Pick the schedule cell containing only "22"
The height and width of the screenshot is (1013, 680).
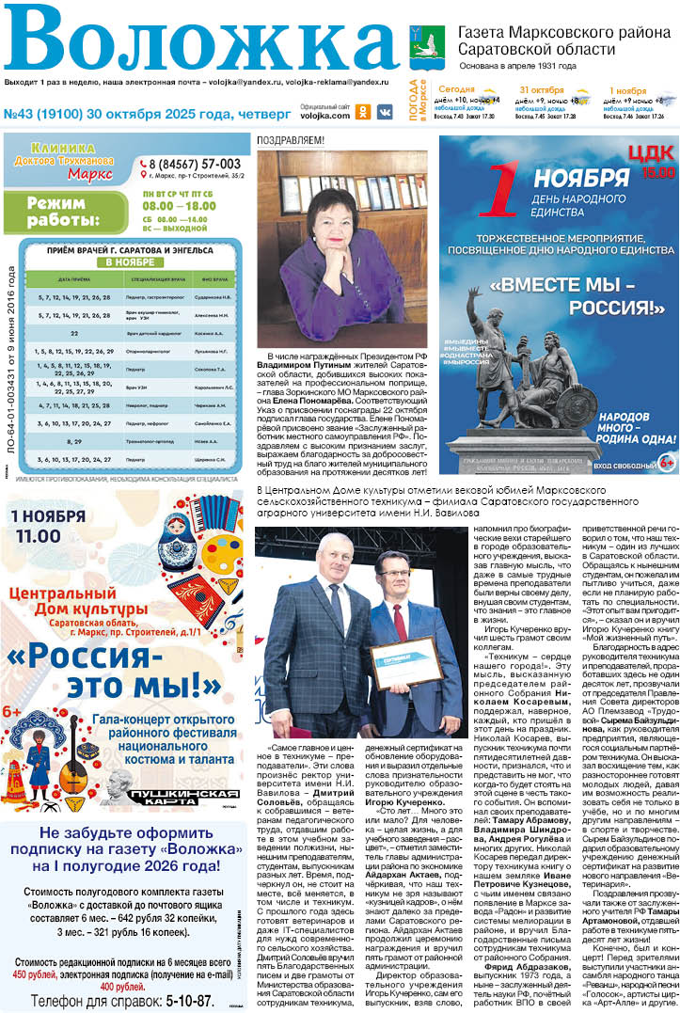pyautogui.click(x=74, y=333)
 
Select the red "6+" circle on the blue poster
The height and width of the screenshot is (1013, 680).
pyautogui.click(x=667, y=462)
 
